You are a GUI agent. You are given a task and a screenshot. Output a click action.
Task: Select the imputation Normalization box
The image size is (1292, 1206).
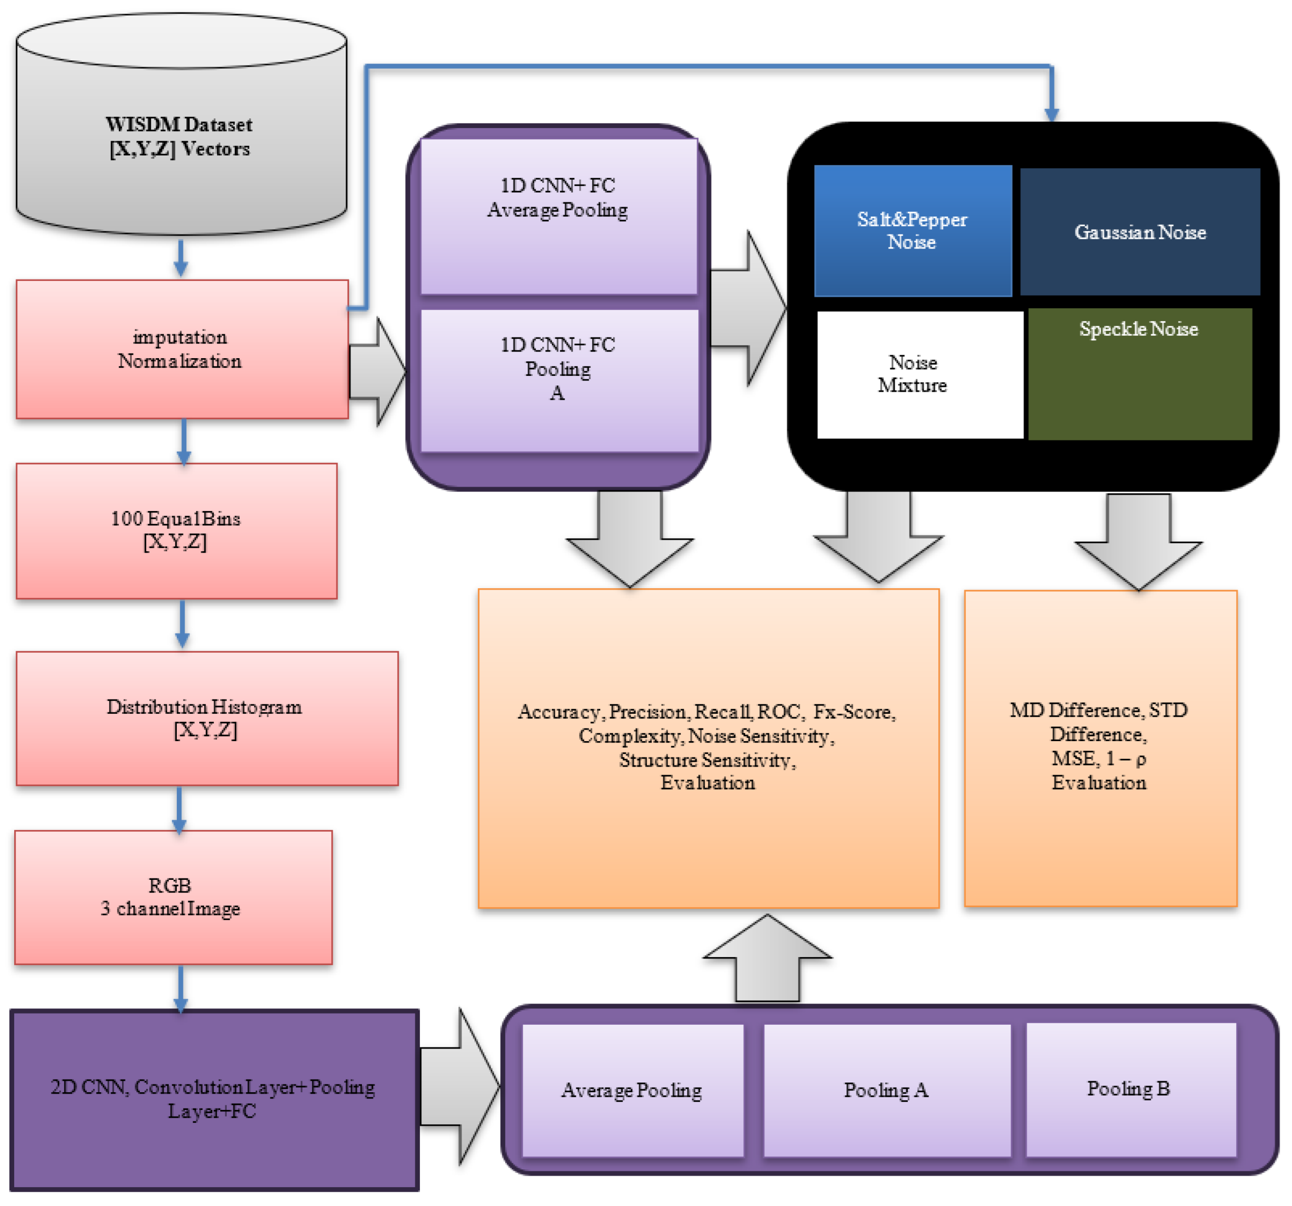tap(182, 350)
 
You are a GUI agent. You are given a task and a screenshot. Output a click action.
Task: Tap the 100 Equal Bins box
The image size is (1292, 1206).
tap(176, 530)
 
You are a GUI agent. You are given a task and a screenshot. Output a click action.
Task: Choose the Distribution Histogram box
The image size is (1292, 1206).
tap(207, 718)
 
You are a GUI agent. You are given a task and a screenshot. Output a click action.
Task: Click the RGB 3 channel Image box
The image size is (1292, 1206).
tap(173, 897)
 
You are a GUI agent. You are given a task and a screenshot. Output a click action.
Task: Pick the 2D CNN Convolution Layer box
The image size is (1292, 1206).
tap(214, 1099)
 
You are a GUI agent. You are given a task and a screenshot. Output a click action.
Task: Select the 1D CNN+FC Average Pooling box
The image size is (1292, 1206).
tap(559, 216)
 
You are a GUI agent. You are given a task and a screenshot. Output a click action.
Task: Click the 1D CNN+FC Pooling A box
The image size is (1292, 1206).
tap(560, 380)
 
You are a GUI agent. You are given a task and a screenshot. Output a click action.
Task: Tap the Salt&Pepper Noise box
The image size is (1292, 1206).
tap(912, 231)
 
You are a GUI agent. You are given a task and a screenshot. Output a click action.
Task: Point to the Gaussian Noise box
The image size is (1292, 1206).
tap(1140, 232)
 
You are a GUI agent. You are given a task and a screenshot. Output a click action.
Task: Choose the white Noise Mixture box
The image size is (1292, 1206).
tap(919, 375)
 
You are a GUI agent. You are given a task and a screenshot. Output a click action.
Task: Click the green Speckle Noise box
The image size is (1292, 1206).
tap(1140, 374)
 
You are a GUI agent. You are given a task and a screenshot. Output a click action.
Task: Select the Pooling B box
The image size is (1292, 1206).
tap(1131, 1089)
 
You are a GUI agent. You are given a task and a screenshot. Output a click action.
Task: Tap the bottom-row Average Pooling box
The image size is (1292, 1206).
tap(632, 1090)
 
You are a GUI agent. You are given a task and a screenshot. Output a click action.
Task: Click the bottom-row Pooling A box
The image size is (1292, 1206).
tap(886, 1090)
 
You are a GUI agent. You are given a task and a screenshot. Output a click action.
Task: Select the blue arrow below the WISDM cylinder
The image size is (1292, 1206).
tap(180, 258)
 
